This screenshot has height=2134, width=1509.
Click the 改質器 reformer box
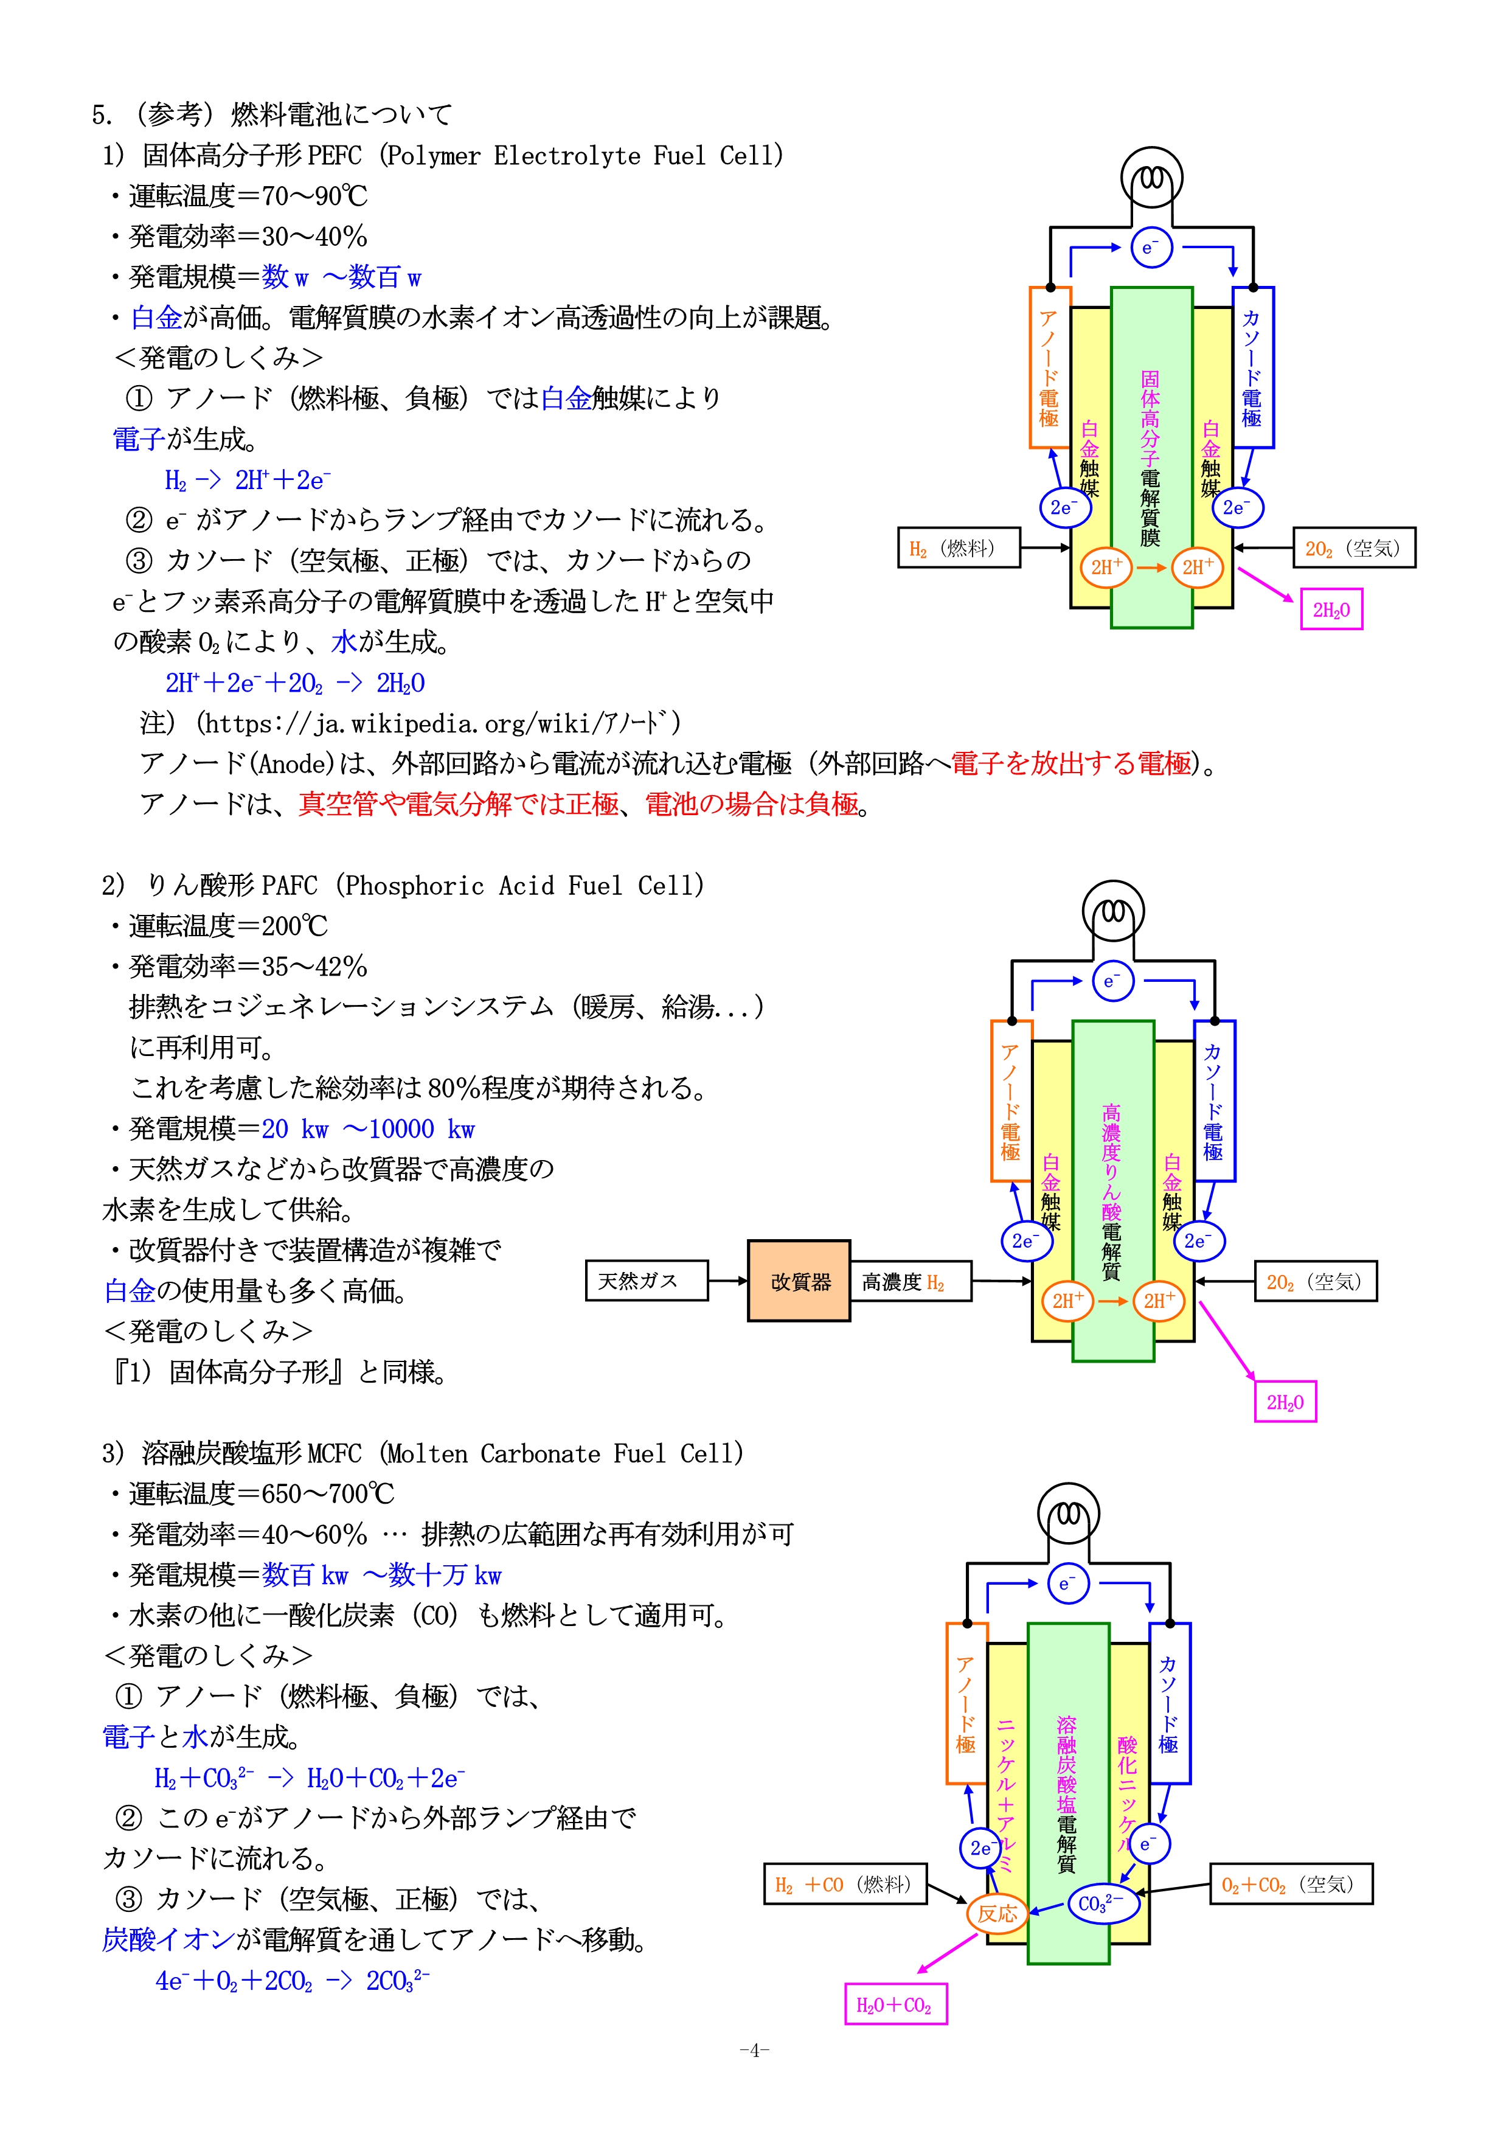pyautogui.click(x=799, y=1281)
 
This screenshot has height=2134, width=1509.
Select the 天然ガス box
pyautogui.click(x=647, y=1281)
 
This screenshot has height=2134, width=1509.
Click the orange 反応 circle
pyautogui.click(x=997, y=1914)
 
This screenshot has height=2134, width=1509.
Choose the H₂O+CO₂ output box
pyautogui.click(x=895, y=2005)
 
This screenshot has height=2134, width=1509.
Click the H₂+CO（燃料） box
pyautogui.click(x=845, y=1884)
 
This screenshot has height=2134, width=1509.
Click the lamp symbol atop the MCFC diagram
pyautogui.click(x=1069, y=1516)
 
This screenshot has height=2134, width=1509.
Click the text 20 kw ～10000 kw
pyautogui.click(x=368, y=1129)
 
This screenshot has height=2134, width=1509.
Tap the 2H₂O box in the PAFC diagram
pyautogui.click(x=1285, y=1403)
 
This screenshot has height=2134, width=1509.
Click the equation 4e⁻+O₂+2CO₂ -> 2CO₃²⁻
pyautogui.click(x=292, y=1981)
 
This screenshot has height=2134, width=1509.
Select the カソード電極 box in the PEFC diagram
pyautogui.click(x=1252, y=367)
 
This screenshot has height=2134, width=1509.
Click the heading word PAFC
pyautogui.click(x=290, y=886)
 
